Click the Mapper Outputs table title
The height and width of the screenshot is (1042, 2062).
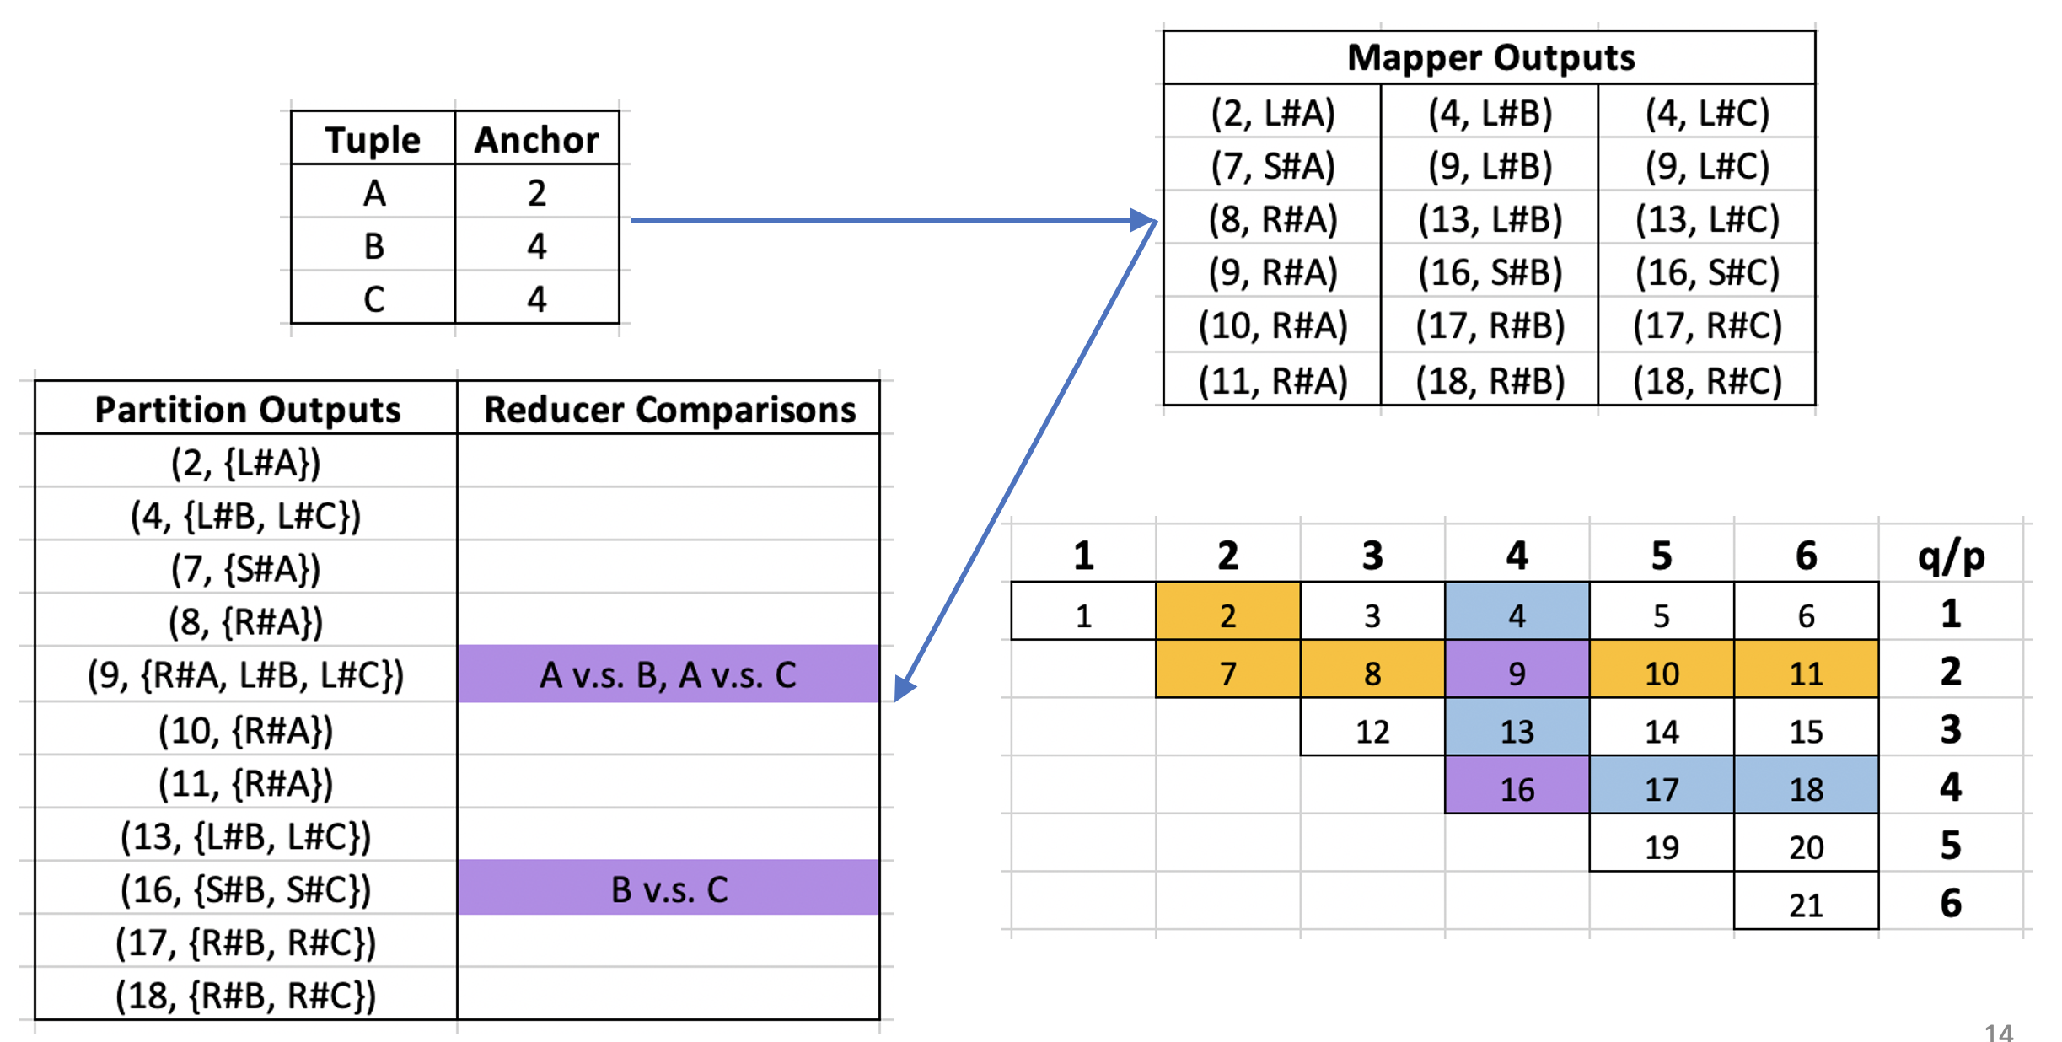coord(1490,57)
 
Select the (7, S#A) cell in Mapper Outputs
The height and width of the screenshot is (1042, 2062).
coord(1273,165)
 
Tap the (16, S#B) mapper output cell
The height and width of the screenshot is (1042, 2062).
coord(1490,271)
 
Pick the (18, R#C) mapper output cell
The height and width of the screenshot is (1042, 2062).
coord(1707,380)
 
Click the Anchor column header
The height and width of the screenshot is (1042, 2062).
coord(537,139)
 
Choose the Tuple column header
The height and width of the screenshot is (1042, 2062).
coord(373,139)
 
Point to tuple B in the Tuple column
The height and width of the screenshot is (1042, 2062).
coord(373,246)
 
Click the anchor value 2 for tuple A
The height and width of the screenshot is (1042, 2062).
coord(537,193)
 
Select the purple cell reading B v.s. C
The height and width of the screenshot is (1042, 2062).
coord(669,888)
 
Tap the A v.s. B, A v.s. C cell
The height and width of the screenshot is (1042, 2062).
coord(669,674)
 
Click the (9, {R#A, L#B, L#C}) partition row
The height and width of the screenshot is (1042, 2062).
coord(246,674)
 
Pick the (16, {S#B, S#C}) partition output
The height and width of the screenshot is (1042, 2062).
coord(246,889)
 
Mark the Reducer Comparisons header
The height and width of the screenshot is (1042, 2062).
coord(669,409)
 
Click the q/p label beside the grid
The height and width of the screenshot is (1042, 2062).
coord(1951,556)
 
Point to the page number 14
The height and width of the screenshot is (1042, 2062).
coord(1999,1032)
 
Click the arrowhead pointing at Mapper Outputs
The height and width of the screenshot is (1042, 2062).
coord(1145,220)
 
